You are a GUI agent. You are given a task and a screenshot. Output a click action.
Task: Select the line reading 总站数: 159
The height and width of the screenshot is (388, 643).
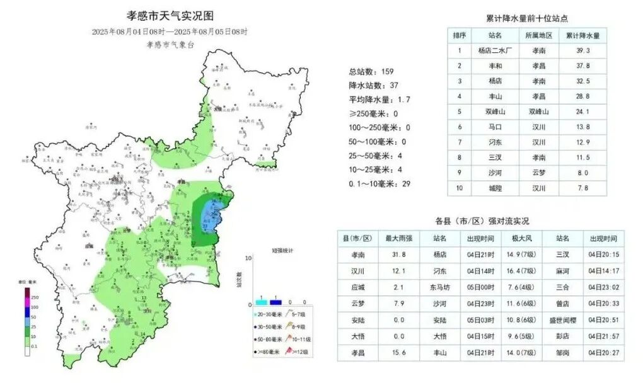click(371, 71)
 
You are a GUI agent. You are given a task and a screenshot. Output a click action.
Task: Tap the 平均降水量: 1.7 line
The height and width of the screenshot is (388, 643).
click(380, 100)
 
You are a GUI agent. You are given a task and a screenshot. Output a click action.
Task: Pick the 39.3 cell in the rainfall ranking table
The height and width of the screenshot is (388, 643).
click(582, 51)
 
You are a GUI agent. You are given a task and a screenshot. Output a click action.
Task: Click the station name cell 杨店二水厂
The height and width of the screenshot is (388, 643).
click(495, 51)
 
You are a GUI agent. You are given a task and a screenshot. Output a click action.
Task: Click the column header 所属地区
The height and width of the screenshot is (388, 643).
click(539, 35)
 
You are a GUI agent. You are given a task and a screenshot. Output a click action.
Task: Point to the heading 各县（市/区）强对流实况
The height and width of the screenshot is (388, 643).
click(482, 221)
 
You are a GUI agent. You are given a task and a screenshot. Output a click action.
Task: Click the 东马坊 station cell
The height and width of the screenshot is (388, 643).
click(440, 287)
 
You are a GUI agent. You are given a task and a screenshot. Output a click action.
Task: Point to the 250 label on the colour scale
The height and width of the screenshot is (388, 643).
click(35, 297)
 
